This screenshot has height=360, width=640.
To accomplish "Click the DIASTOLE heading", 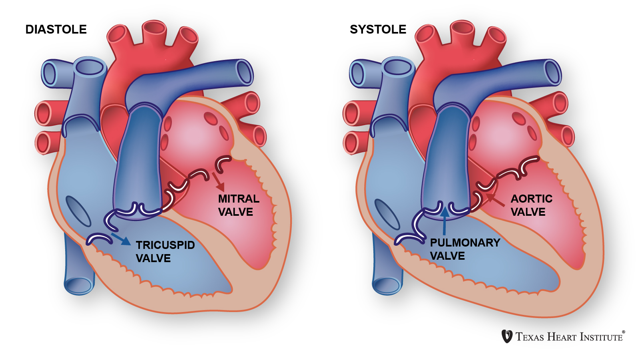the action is tap(56, 30).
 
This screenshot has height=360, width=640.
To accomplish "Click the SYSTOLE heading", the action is tap(378, 30).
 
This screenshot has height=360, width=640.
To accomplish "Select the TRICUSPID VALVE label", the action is tap(165, 251).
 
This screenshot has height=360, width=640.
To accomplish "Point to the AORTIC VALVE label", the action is tap(531, 205).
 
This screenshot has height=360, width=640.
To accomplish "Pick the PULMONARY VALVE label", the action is tap(465, 249).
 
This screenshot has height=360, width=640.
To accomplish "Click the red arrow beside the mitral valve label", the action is tap(218, 182).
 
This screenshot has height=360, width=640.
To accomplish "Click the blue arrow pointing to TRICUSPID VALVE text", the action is tap(121, 239).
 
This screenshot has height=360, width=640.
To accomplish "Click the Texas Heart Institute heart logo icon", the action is tap(507, 336).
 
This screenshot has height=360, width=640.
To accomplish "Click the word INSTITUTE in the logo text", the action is tap(602, 337).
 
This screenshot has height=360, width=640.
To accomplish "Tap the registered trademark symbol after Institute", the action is tap(624, 332).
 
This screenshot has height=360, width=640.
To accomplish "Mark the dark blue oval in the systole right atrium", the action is tap(387, 214).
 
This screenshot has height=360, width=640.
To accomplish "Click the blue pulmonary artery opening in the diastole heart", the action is tap(244, 72).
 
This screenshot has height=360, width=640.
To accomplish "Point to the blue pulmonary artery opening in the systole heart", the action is tap(552, 72).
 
